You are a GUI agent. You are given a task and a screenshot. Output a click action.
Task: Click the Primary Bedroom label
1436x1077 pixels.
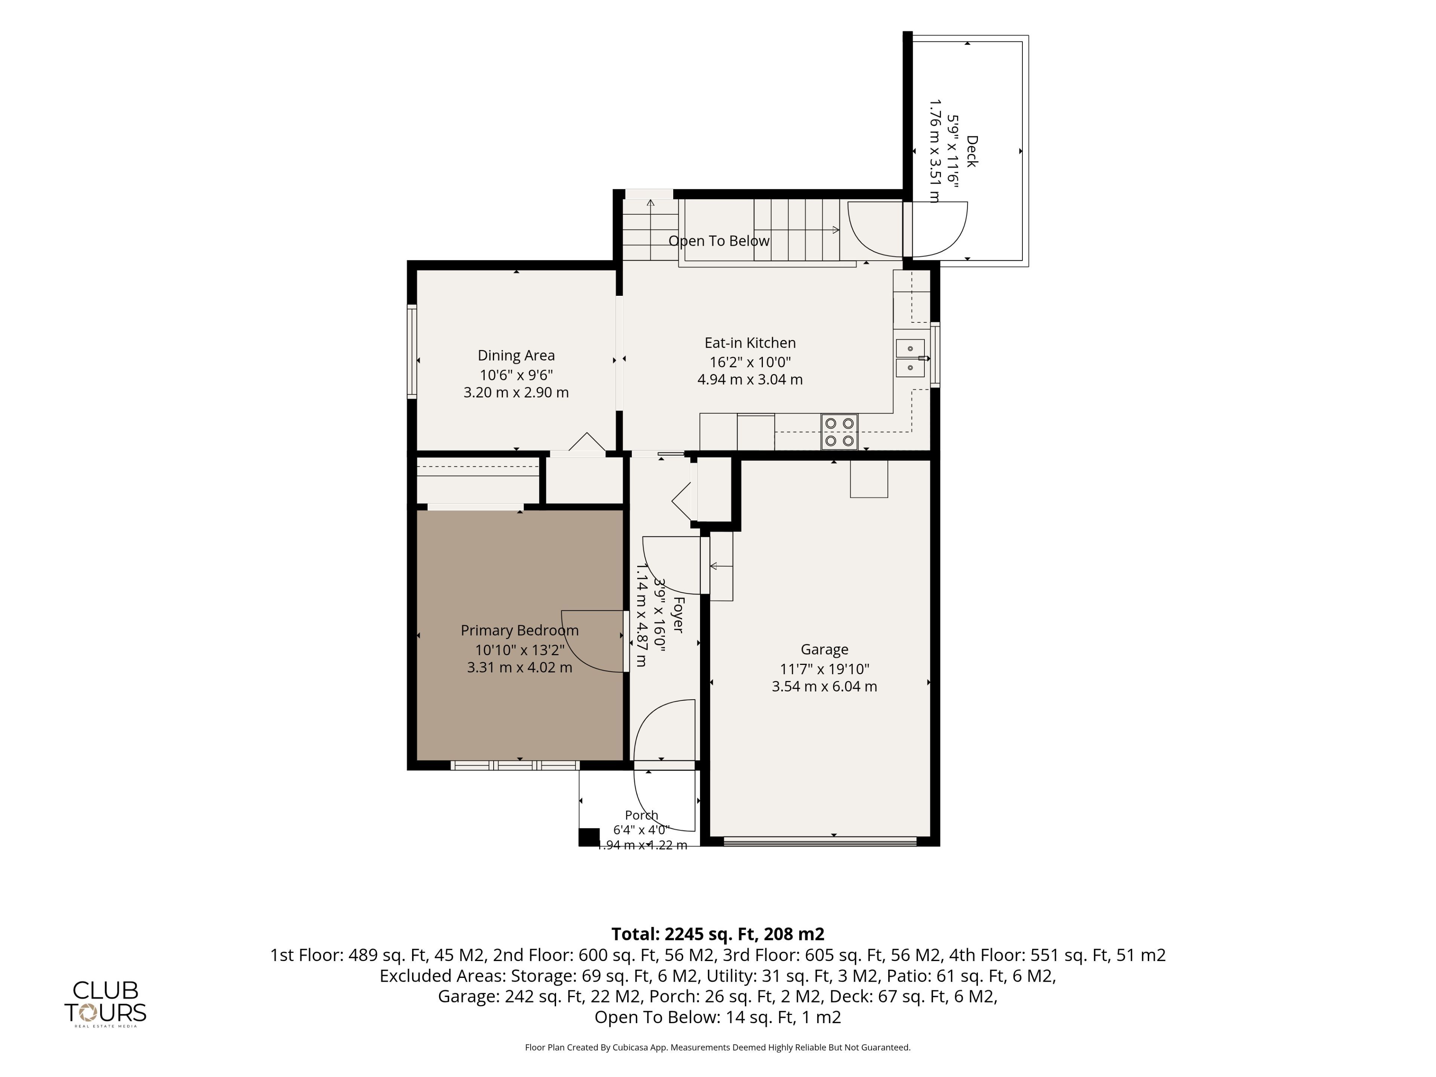(519, 630)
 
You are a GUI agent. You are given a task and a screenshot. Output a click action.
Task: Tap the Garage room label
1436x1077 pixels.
(825, 649)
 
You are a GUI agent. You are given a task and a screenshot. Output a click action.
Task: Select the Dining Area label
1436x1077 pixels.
(516, 355)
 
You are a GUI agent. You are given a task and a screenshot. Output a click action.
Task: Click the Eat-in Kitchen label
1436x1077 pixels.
(750, 343)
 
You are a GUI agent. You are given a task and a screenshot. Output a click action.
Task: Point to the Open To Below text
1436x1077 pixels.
(719, 241)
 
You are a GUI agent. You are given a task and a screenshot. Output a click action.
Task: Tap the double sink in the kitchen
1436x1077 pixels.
(910, 358)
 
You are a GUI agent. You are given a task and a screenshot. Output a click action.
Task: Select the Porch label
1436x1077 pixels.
(641, 815)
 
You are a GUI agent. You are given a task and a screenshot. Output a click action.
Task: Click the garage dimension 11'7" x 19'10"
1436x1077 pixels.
(825, 669)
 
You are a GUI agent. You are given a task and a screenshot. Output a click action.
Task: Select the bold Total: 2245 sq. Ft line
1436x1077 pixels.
(718, 934)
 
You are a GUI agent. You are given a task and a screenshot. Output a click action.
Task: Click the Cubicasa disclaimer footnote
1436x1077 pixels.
(718, 1047)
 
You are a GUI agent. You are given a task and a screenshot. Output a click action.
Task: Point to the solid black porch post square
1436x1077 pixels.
(589, 837)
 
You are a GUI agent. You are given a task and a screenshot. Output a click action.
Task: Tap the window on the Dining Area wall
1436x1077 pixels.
(412, 351)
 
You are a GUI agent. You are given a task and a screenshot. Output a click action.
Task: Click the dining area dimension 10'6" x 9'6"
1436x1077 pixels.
(516, 375)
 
